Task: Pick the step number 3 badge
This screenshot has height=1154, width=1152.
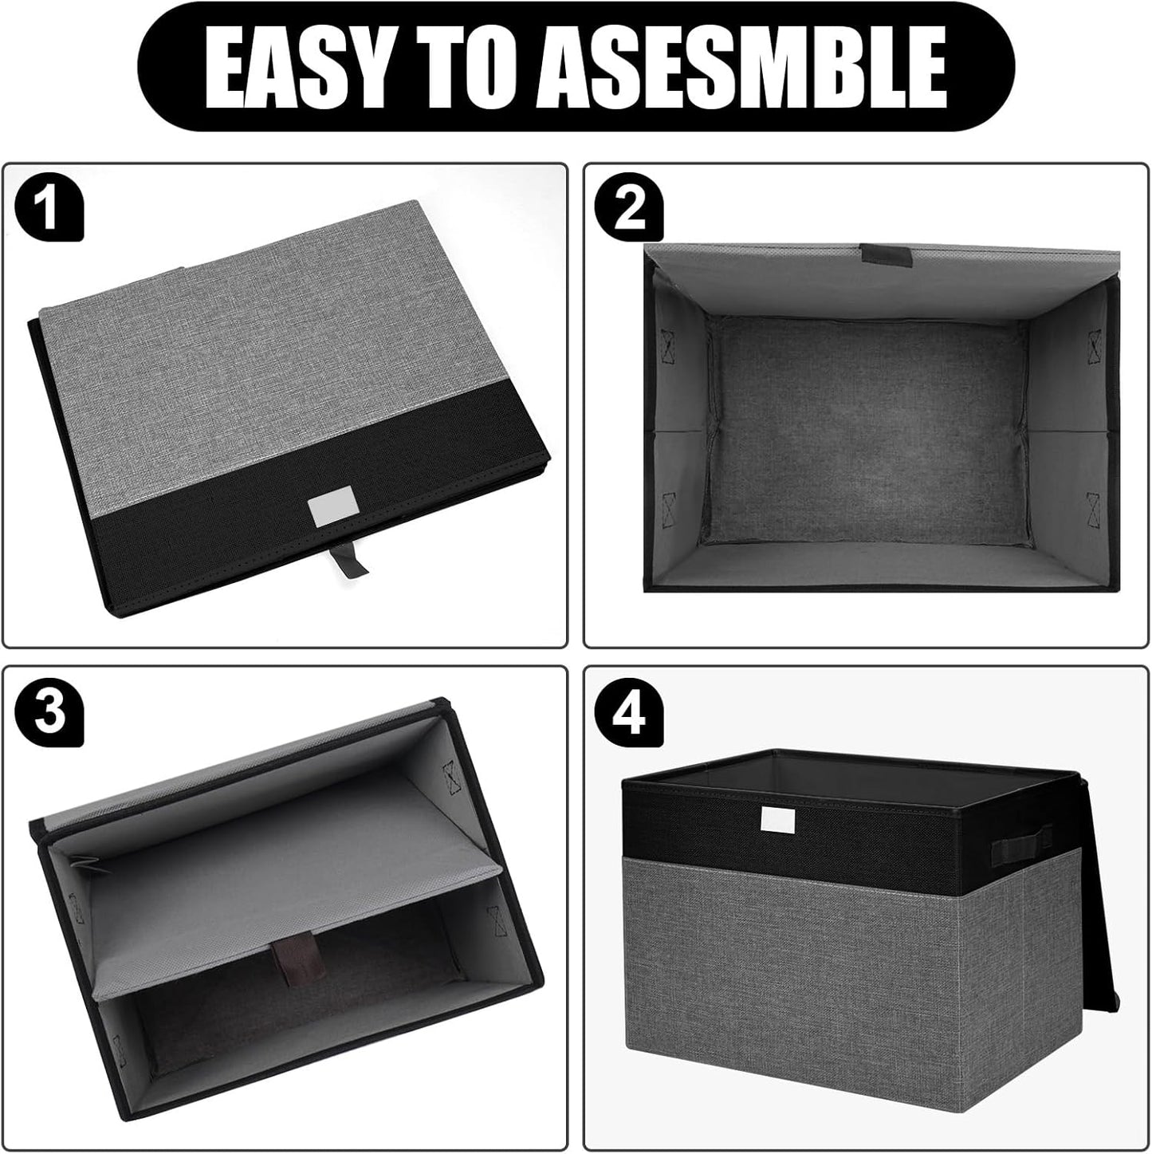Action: (49, 713)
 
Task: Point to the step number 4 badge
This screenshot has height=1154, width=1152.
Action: (631, 713)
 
